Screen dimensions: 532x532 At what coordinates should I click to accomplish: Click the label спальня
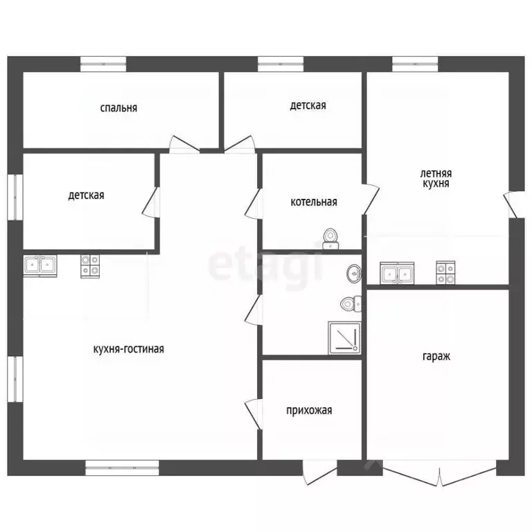point(118,108)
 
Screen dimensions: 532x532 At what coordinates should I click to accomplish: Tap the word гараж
point(436,357)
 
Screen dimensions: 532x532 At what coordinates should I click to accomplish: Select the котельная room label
point(314,202)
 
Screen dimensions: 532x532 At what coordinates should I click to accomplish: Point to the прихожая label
point(309,411)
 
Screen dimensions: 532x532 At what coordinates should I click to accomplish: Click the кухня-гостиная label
point(129,349)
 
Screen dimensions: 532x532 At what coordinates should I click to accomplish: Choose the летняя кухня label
point(436,179)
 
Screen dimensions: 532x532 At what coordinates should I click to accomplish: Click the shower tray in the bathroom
point(344,338)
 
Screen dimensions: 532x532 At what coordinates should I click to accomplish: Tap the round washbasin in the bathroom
point(354,273)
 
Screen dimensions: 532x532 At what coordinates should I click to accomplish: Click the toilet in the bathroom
point(351,304)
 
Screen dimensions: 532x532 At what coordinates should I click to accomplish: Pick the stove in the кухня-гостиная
point(90,266)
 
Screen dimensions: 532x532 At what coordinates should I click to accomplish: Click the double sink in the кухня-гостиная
point(40,266)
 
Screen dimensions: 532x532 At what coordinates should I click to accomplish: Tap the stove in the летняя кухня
point(445,273)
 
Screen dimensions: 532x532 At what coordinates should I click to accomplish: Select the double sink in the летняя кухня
point(397,273)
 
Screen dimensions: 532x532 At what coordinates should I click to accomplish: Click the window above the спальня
point(103,64)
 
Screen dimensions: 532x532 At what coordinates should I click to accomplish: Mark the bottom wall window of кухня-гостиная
point(122,468)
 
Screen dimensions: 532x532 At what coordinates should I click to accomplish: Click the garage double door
point(440,473)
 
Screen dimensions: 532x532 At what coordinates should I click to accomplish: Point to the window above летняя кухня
point(415,64)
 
